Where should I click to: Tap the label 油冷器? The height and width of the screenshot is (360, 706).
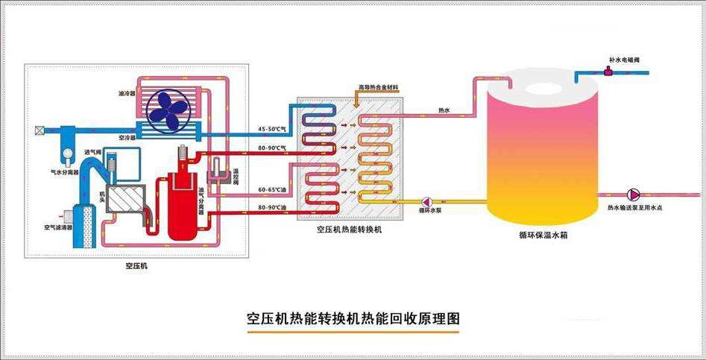[126, 95]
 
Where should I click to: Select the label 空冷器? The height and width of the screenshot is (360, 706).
[126, 138]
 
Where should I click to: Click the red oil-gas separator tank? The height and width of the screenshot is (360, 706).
[180, 205]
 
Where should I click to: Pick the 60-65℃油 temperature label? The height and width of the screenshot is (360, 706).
[271, 190]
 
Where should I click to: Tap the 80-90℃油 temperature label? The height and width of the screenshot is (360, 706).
[271, 207]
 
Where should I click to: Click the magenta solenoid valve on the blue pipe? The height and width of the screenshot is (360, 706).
[609, 72]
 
